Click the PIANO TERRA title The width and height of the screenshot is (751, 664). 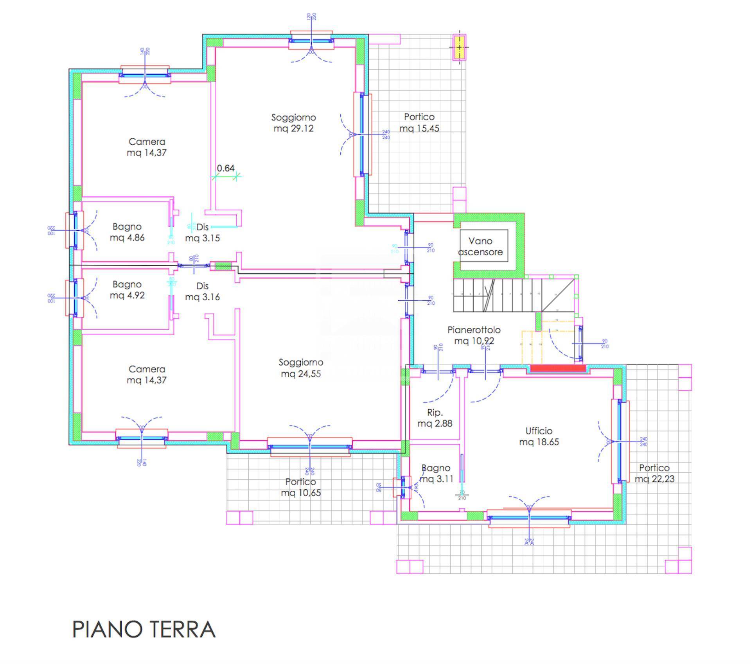point(144,629)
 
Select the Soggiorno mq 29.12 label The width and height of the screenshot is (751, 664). point(293,123)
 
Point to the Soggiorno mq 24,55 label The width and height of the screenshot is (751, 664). point(301,368)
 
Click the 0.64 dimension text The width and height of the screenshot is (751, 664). point(226,168)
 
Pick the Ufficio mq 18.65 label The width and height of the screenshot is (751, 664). point(539,436)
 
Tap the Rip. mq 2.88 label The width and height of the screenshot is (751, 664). point(435,418)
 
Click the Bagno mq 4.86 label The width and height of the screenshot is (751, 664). point(127,232)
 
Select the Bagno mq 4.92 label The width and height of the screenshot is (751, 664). point(127,290)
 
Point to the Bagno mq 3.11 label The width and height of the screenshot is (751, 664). point(436,473)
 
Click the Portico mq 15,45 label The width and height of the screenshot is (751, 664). point(419,122)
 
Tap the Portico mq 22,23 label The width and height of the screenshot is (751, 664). point(654,473)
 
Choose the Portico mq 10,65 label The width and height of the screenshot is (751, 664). point(300,487)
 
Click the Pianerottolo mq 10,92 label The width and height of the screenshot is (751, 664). point(474,335)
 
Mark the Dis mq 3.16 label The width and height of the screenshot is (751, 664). point(202,291)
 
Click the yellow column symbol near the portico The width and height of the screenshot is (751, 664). point(459,47)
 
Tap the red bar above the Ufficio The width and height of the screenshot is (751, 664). point(558,368)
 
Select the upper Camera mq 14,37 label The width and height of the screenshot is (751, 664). point(147,147)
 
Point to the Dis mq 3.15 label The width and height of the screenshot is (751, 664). point(202,232)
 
